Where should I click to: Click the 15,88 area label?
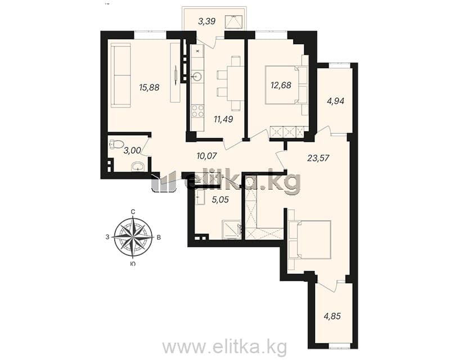[x=149, y=87]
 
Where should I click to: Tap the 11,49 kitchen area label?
[x=223, y=119]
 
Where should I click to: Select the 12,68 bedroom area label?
[x=281, y=85]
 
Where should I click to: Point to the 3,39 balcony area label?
[x=206, y=21]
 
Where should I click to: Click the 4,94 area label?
[x=335, y=101]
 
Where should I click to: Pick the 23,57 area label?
[x=318, y=158]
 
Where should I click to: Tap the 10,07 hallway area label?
[x=206, y=156]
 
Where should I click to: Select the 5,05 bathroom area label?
[x=220, y=200]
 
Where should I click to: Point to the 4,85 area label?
[x=332, y=316]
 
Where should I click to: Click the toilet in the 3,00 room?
[x=116, y=144]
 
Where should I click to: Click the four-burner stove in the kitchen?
[x=197, y=111]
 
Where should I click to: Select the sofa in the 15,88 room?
[x=121, y=75]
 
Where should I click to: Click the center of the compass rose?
[x=133, y=237]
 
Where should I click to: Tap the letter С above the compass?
[x=133, y=212]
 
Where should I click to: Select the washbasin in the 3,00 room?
[x=138, y=167]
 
